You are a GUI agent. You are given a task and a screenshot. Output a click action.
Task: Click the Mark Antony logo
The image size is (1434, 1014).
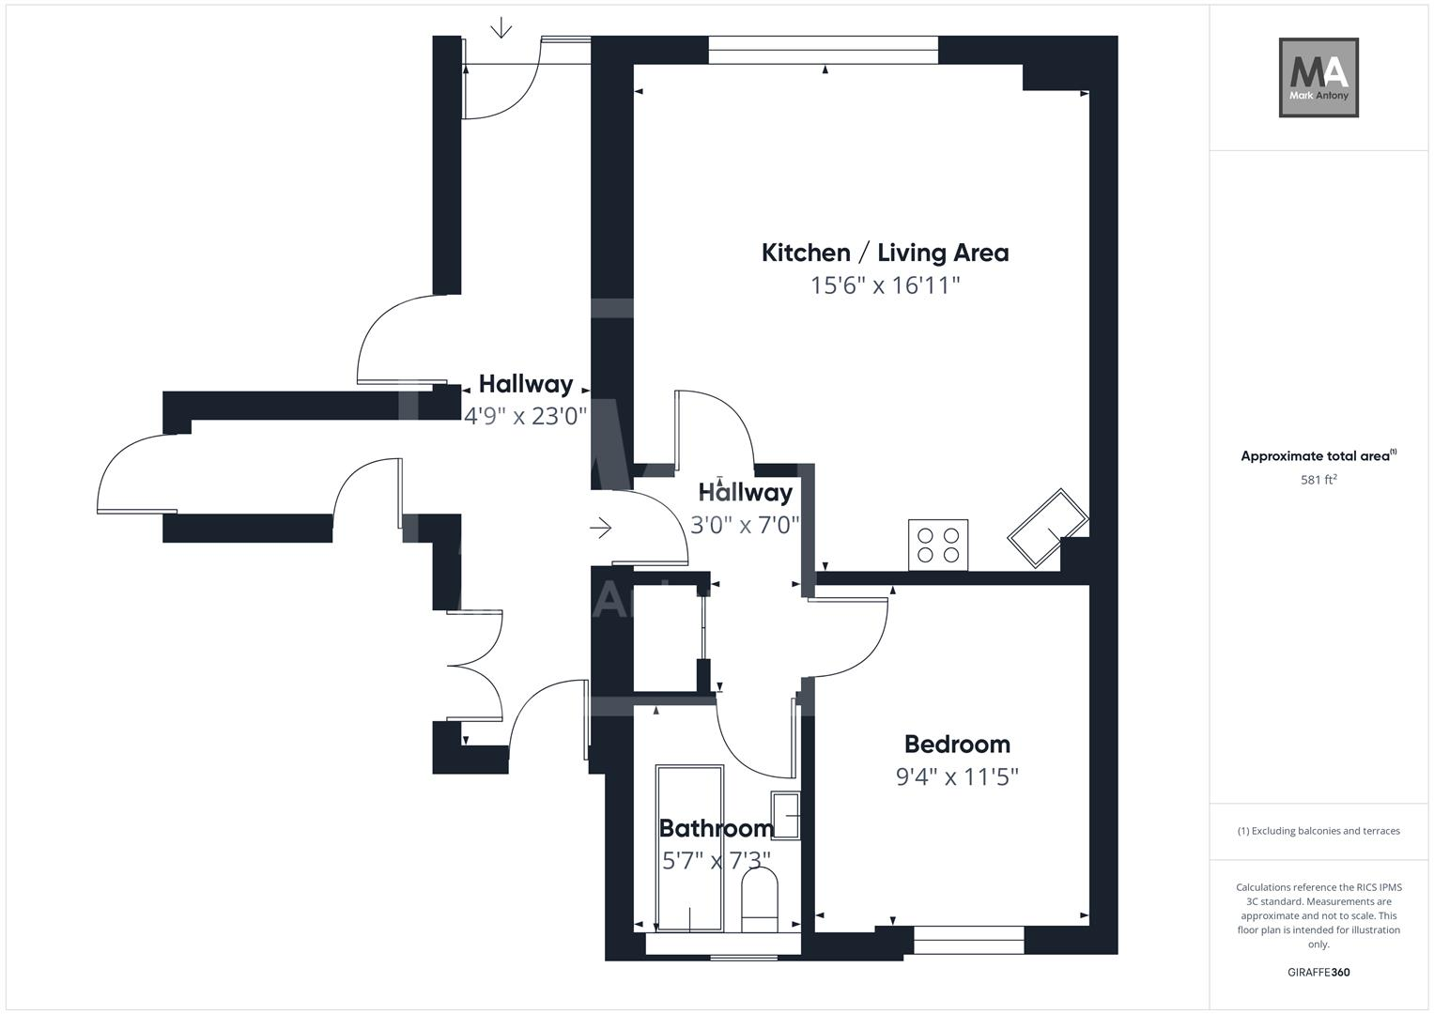point(1318,78)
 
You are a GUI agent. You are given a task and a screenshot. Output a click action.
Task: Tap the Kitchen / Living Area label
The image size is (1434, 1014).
point(885,253)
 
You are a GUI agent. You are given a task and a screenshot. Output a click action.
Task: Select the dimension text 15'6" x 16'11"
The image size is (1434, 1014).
point(885,285)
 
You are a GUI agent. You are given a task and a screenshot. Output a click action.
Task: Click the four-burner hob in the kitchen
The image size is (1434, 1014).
point(938,545)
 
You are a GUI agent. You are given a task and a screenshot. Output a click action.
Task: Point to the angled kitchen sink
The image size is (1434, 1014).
point(1047,528)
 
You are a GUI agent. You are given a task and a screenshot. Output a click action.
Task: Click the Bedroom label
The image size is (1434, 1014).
point(957,745)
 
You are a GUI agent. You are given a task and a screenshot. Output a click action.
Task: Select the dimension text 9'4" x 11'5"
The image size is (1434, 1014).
point(957,777)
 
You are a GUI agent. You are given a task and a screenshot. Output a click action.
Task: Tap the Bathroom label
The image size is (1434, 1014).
point(716,828)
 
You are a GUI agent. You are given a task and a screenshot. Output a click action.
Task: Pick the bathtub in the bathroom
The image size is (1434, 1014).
point(689,849)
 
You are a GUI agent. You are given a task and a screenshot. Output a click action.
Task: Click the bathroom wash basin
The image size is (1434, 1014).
point(786,815)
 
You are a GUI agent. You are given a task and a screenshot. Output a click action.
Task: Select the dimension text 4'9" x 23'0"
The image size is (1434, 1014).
point(525,415)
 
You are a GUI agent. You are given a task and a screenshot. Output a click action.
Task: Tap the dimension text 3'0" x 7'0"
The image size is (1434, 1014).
point(745,524)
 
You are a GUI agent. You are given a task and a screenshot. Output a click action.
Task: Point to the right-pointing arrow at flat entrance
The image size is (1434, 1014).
point(600,529)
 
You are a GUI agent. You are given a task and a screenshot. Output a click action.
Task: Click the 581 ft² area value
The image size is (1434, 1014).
point(1318,480)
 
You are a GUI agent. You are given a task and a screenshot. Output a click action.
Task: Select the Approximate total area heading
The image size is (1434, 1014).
point(1318,456)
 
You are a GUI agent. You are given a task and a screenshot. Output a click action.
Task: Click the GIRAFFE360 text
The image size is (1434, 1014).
point(1318,972)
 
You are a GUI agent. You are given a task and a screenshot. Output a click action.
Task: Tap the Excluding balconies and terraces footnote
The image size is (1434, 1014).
point(1318,831)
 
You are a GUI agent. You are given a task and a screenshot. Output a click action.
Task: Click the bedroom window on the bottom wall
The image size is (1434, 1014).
point(968,940)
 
